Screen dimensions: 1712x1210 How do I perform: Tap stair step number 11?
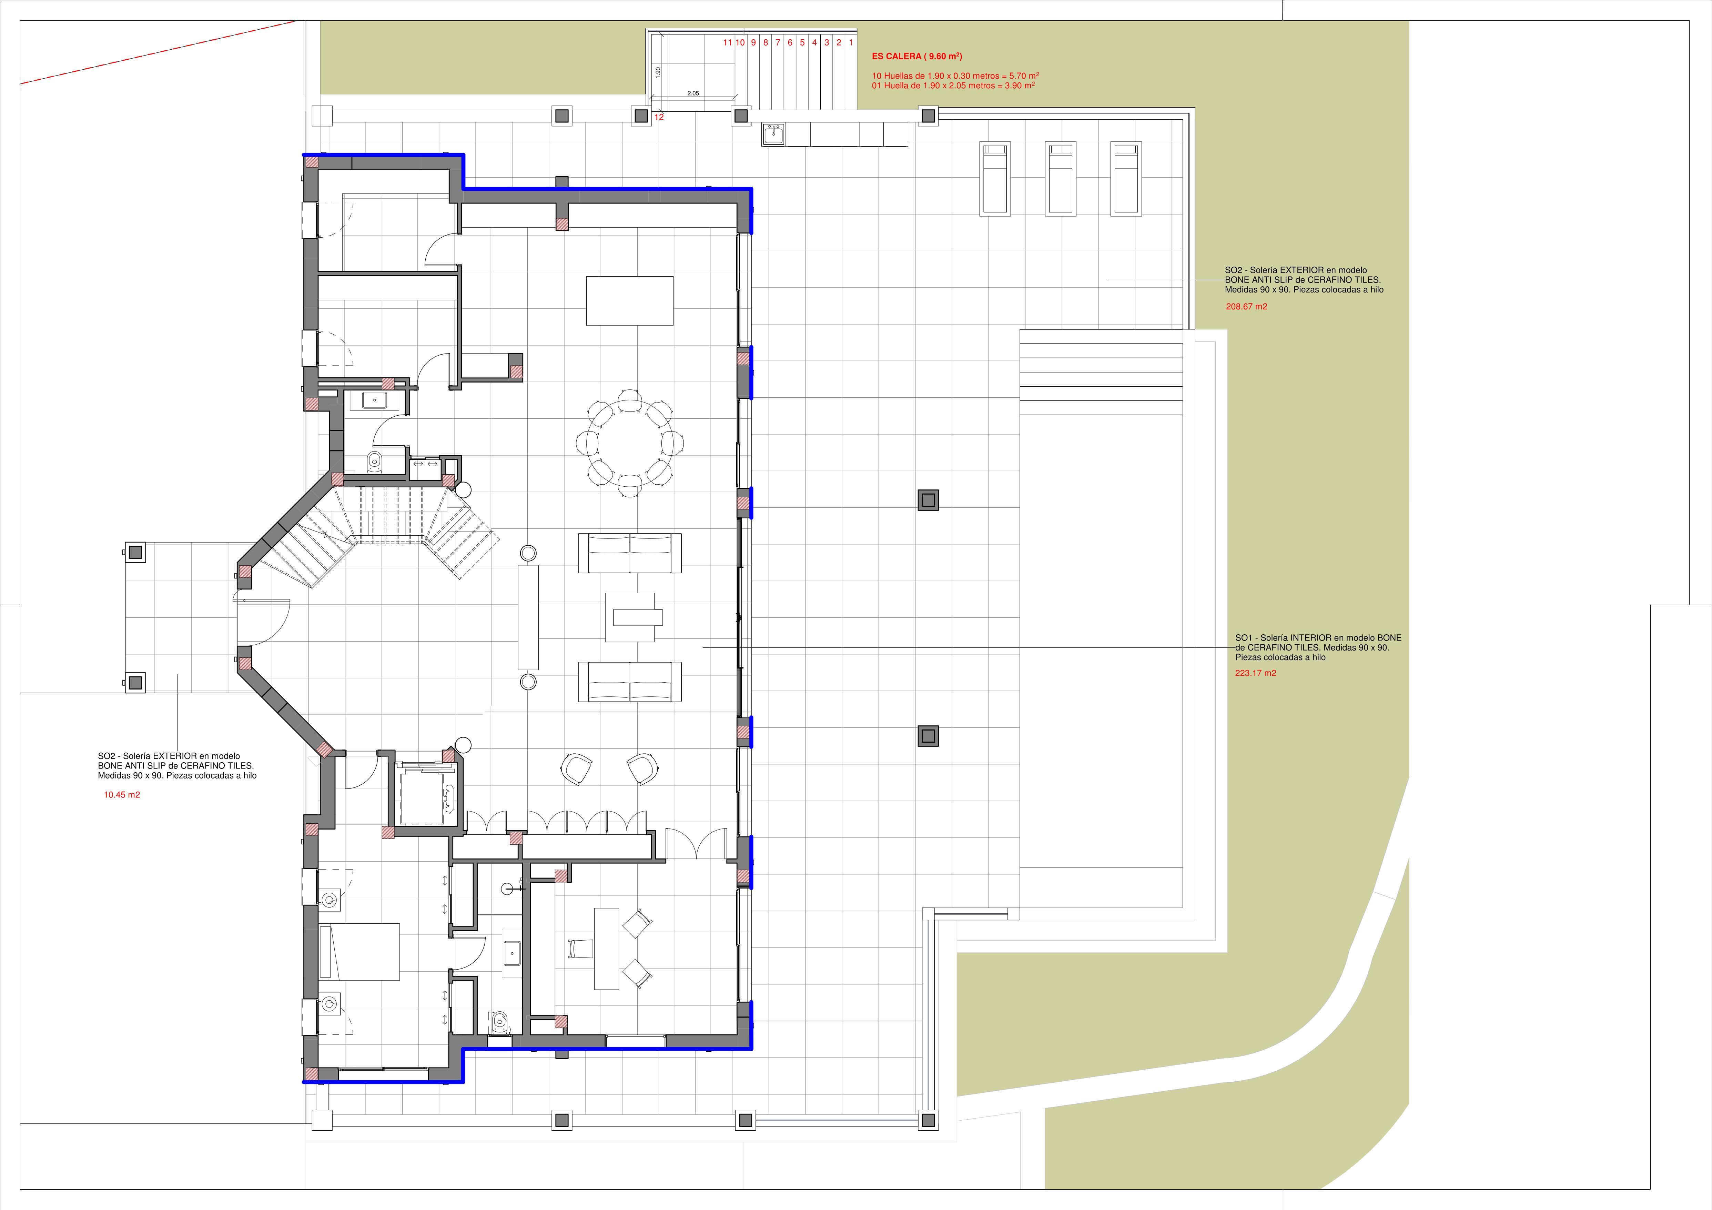click(728, 42)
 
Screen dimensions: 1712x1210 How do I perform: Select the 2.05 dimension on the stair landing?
click(693, 93)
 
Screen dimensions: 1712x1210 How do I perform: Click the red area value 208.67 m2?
click(1247, 307)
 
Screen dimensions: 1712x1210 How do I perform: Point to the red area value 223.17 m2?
click(1256, 673)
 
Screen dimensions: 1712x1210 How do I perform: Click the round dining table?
click(630, 442)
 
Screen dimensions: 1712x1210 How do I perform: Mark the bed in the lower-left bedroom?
click(359, 951)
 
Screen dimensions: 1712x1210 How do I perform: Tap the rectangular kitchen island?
click(630, 301)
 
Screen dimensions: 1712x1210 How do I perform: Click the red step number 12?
click(659, 117)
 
